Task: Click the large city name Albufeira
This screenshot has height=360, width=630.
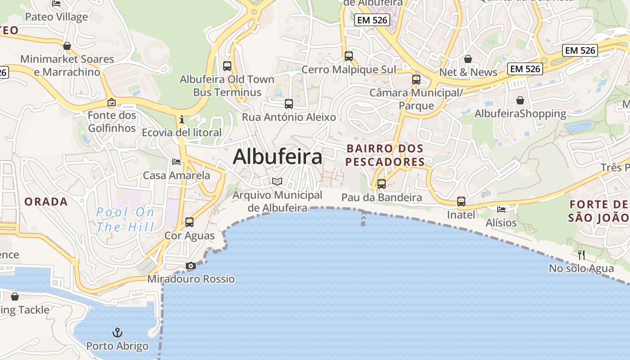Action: (x=277, y=157)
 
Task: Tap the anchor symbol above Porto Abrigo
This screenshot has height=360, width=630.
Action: (x=117, y=333)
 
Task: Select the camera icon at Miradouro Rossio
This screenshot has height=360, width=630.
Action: (x=191, y=266)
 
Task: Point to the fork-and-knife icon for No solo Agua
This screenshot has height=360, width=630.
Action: (x=581, y=255)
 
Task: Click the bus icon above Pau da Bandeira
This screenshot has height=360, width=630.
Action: (x=382, y=184)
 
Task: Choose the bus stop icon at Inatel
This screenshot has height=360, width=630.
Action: (x=461, y=202)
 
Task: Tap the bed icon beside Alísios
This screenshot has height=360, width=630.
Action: (x=501, y=209)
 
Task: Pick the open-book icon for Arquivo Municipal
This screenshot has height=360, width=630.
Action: (x=277, y=182)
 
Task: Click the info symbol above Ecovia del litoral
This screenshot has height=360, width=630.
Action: (x=182, y=119)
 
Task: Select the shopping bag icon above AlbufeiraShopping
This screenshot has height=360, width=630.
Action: (x=520, y=100)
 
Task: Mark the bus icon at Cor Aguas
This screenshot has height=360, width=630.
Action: (x=189, y=222)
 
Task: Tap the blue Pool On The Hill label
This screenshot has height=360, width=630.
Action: (x=126, y=219)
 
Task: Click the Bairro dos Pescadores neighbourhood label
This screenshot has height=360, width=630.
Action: (x=385, y=155)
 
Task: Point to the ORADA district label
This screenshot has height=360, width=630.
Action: (x=46, y=202)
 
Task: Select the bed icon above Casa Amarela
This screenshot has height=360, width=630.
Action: (x=176, y=162)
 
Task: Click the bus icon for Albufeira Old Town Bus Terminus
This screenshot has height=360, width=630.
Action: (x=227, y=66)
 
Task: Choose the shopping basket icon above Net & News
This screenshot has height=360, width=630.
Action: (x=468, y=59)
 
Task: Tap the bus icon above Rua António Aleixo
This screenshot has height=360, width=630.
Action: (x=289, y=104)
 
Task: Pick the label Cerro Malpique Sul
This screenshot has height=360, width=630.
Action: (x=349, y=70)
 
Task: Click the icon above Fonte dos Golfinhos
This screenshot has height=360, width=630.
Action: (x=112, y=102)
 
